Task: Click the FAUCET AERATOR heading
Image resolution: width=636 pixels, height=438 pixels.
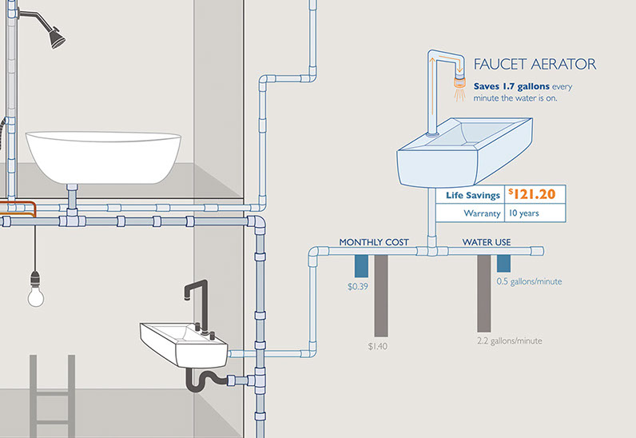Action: (535, 64)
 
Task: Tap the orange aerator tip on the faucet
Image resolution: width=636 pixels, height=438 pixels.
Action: (459, 82)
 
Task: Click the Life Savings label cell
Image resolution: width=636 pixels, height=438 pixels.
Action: (473, 195)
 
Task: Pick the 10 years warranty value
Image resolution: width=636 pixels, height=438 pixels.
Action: (523, 213)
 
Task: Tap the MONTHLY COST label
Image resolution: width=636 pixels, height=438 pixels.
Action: (374, 241)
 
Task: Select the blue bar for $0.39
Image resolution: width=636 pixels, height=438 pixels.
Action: (361, 267)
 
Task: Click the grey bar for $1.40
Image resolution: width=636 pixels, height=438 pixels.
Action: (380, 295)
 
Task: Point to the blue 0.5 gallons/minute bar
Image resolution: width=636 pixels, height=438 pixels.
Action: (503, 264)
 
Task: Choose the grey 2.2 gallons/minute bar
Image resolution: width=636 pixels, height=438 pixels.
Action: (483, 293)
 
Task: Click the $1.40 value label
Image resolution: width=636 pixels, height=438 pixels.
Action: (378, 346)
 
